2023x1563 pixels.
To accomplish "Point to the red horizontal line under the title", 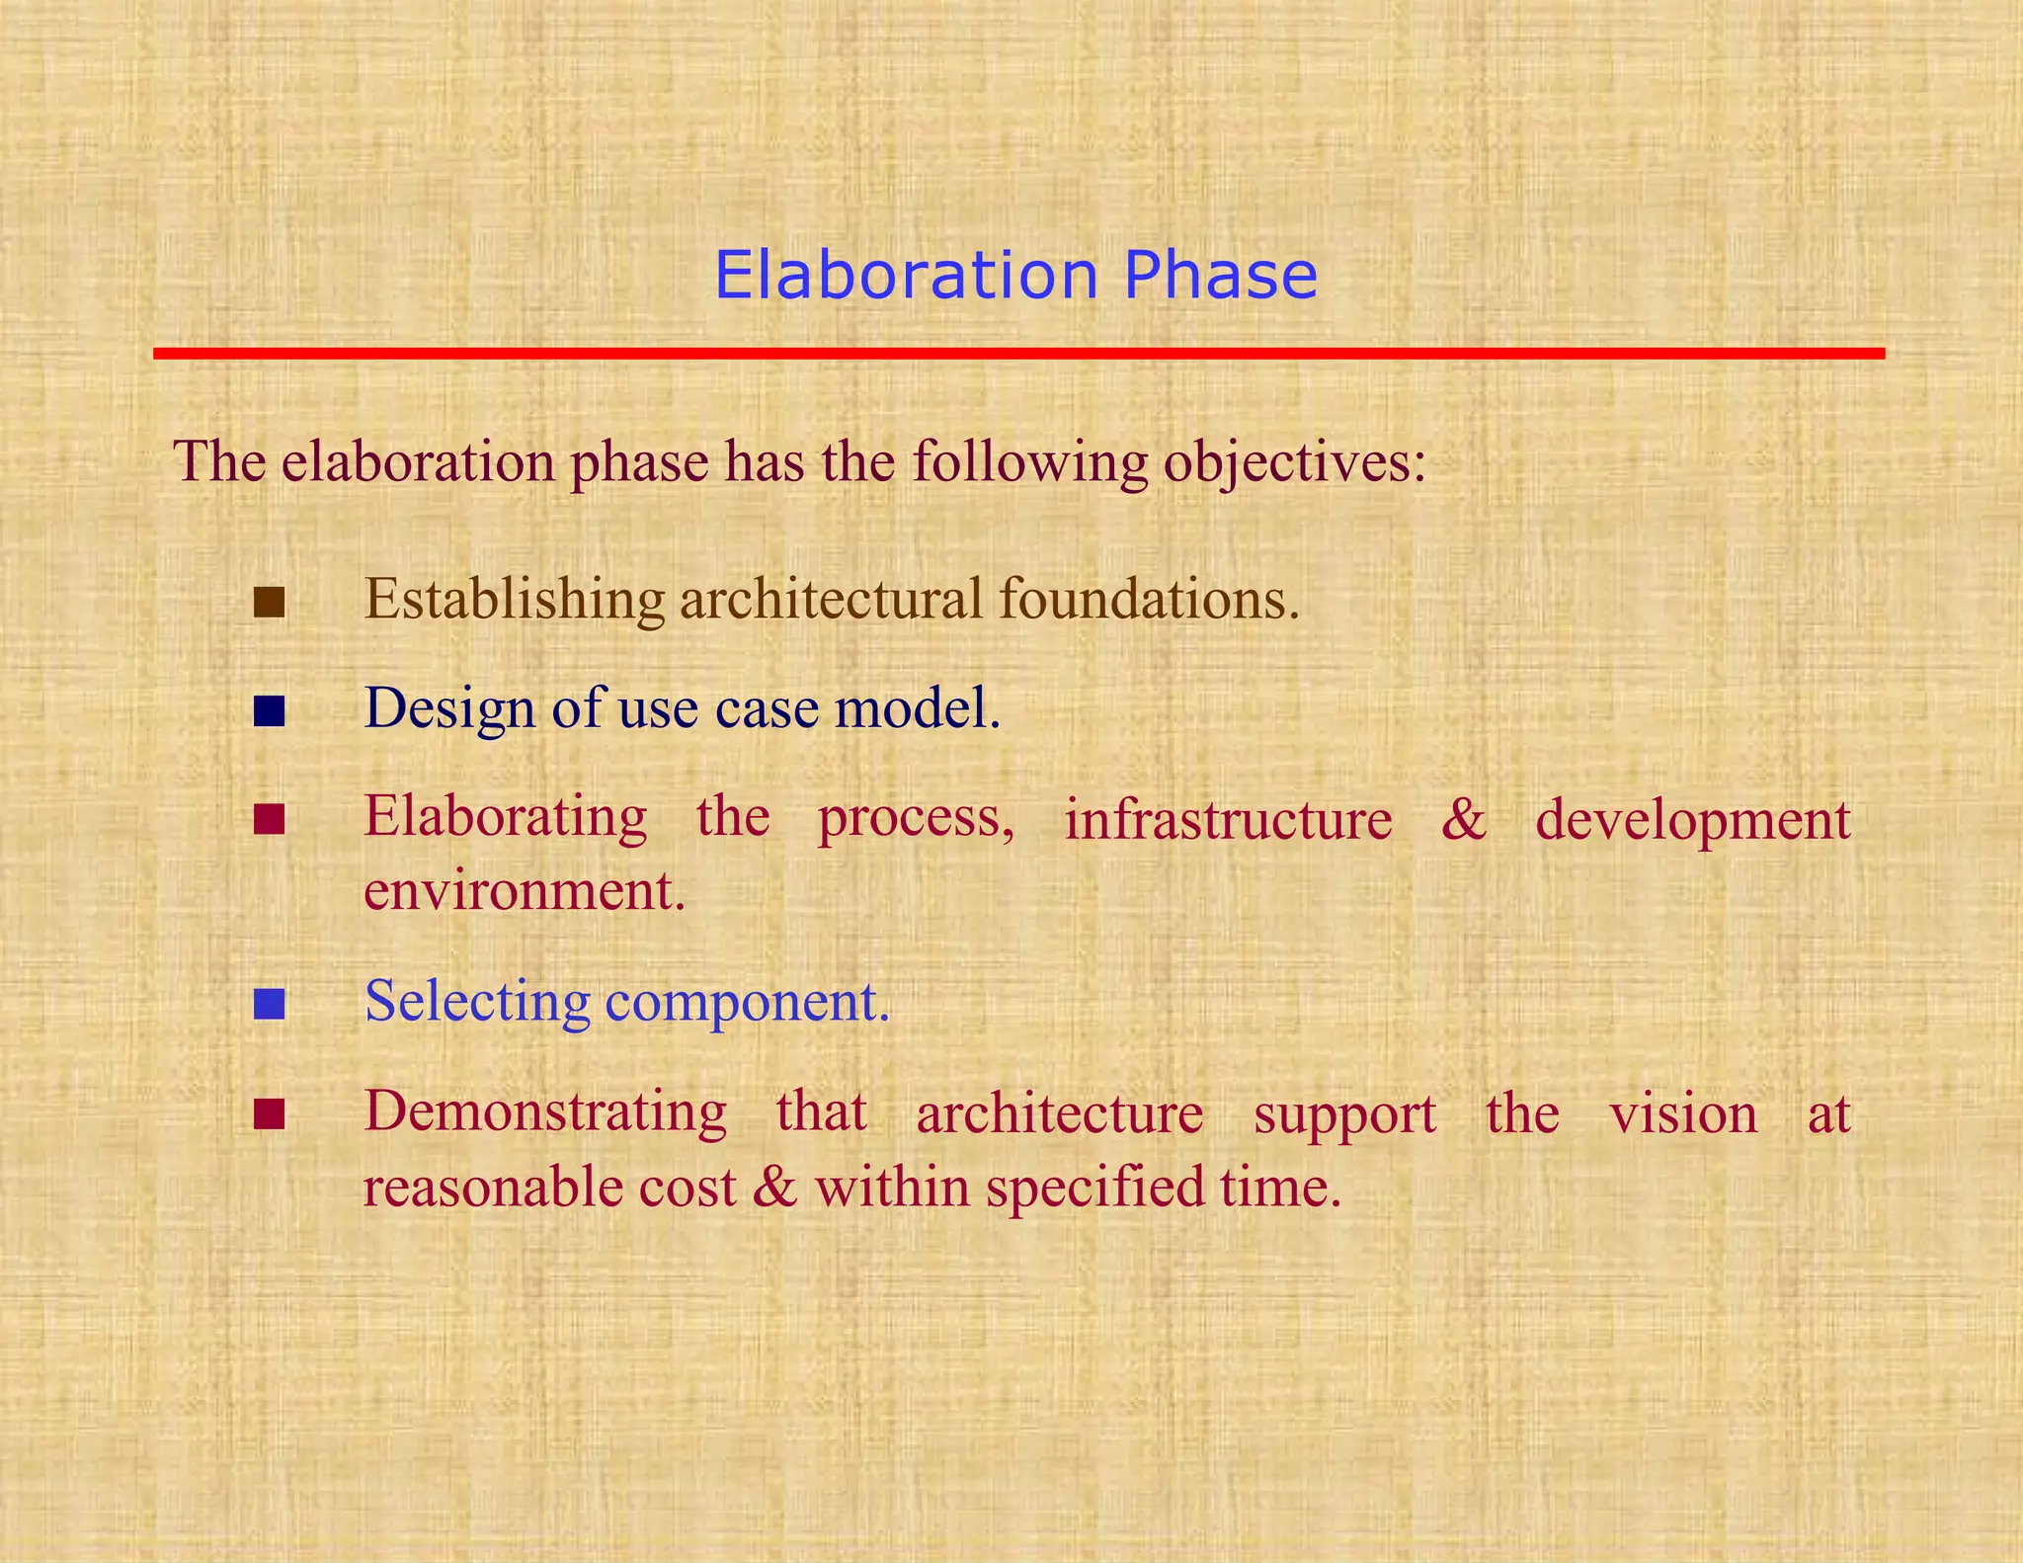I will [1017, 353].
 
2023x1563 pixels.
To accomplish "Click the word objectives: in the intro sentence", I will [1294, 462].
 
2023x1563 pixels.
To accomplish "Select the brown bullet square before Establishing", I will [269, 602].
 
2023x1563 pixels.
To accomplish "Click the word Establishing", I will [515, 600].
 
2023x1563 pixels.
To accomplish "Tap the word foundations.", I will [1149, 600].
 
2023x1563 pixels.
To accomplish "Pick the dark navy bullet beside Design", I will [269, 710].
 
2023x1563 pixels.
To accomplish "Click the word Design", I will [448, 709].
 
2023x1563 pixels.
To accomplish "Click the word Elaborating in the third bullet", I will [505, 818].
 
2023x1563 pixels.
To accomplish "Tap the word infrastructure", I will [1228, 820].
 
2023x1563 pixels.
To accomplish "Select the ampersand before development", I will [1463, 820].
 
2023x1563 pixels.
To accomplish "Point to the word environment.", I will [524, 892].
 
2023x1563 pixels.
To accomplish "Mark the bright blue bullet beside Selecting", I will [269, 1004].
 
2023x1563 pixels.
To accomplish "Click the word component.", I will [747, 1003].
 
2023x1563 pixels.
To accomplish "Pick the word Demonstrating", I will [545, 1112].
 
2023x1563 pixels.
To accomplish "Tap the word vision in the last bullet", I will [1683, 1114].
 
